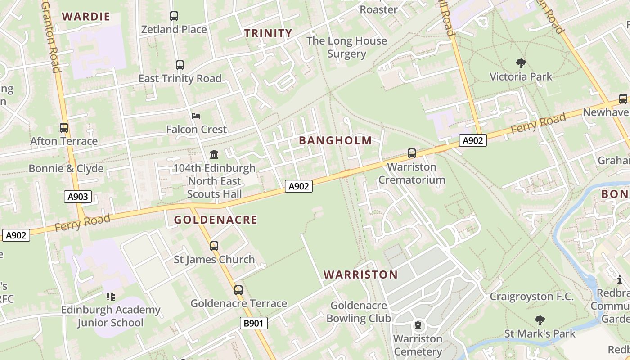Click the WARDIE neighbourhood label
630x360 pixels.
coord(86,17)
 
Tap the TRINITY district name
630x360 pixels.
coord(268,33)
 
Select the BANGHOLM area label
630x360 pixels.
coord(335,140)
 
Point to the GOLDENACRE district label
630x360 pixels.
coord(216,220)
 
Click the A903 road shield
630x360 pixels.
coord(78,196)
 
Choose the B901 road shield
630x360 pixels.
coord(254,323)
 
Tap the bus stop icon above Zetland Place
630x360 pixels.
coord(174,16)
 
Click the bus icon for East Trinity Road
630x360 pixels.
coord(180,65)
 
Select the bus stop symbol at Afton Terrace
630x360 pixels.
coord(64,128)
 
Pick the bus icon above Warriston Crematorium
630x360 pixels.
coord(412,153)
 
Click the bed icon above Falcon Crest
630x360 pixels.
coord(196,116)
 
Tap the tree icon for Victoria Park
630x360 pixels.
coord(521,63)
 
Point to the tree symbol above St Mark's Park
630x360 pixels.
coord(540,320)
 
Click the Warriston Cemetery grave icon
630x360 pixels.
coord(418,325)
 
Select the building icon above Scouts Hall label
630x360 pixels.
coord(214,155)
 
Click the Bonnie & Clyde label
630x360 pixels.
coord(66,169)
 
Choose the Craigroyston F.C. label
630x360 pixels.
coord(531,297)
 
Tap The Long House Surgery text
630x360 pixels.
coord(346,47)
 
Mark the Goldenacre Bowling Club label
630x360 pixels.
coord(359,312)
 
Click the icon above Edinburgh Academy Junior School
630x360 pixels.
coord(111,296)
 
